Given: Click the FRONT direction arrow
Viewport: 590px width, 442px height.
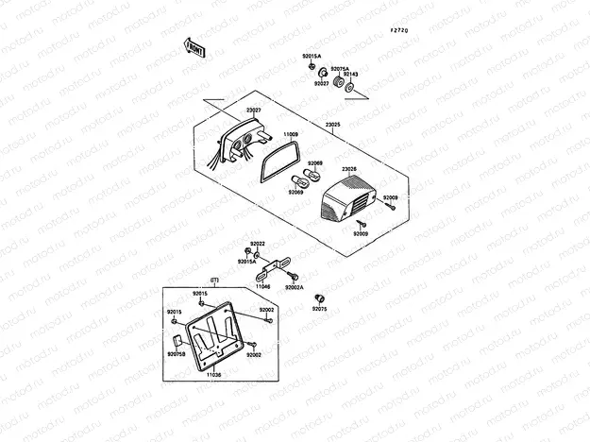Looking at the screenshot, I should coord(193,47).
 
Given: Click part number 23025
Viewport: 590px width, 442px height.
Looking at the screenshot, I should coord(334,124).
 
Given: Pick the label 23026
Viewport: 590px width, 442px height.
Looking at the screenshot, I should coord(348,169).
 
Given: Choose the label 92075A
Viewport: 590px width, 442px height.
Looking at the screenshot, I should coord(339,68).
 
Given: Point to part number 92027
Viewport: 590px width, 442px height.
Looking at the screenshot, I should coord(321,83).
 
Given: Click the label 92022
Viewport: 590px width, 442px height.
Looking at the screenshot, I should coord(257,244).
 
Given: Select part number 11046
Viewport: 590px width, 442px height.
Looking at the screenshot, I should coord(263,285).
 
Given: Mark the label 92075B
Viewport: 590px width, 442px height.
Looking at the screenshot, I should coord(176,354).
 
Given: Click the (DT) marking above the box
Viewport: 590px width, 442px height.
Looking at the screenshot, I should coord(214,280).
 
